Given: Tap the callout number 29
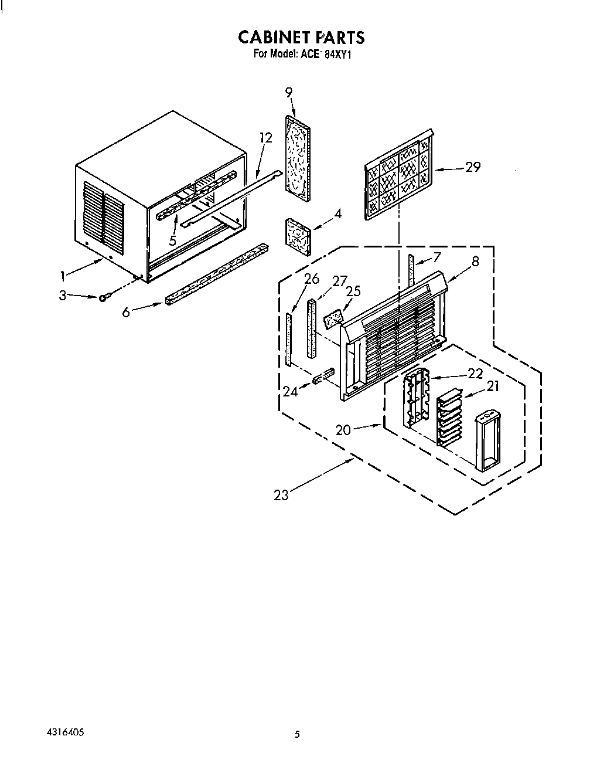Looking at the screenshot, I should click(473, 167).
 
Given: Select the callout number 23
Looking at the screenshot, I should click(281, 496).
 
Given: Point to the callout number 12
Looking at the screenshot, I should click(266, 138).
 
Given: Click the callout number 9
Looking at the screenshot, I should click(289, 91).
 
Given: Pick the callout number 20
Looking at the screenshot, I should click(344, 430).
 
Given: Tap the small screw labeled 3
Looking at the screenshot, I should click(103, 298).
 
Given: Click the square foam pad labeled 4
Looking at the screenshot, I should click(297, 235).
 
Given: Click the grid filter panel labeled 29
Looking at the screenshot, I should click(400, 175).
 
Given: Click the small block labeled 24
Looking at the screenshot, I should click(324, 375).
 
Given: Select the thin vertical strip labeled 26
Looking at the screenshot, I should click(288, 340).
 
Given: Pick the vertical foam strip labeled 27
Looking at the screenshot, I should click(311, 328).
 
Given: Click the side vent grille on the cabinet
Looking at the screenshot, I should click(104, 213).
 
